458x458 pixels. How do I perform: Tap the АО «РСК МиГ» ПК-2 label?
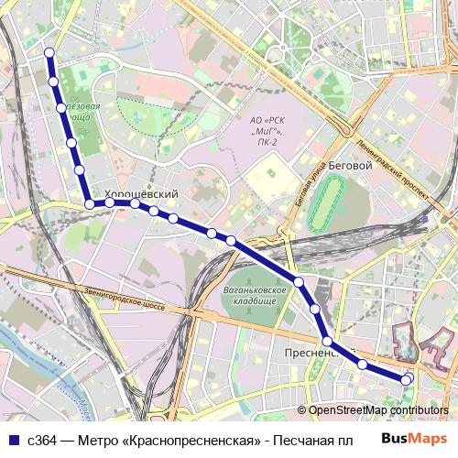[x=268, y=131]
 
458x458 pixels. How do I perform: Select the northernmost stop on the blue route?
[x=49, y=53]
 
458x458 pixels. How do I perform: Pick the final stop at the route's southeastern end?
[x=408, y=378]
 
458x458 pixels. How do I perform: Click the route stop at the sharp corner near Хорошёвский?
[x=89, y=203]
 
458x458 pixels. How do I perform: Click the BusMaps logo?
[x=414, y=439]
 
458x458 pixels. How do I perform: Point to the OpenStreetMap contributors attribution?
[x=377, y=410]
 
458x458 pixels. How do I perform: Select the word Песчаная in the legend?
[x=303, y=440]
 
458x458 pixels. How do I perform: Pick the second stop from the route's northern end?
[x=54, y=82]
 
